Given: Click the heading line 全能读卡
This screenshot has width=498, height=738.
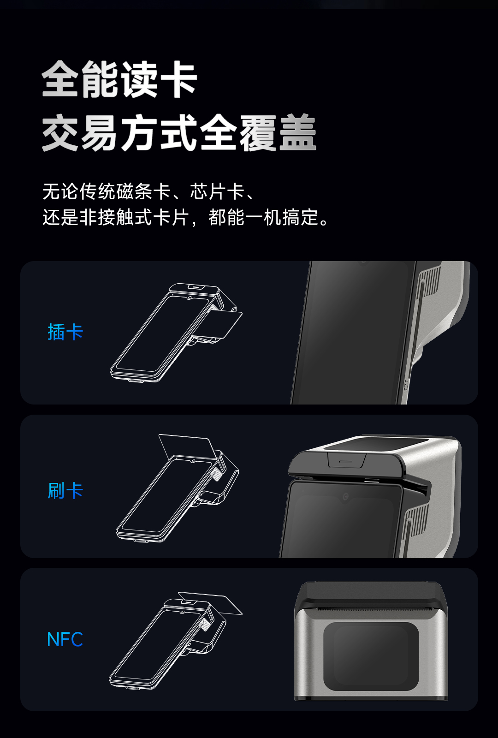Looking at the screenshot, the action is (x=119, y=79).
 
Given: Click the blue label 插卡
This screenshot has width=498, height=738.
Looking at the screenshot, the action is (x=65, y=332).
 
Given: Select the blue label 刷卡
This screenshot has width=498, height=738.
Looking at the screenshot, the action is (x=65, y=491).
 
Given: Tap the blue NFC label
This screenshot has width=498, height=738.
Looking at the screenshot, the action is (x=65, y=639).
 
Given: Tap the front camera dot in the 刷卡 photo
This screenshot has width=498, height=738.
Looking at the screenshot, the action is (x=345, y=496).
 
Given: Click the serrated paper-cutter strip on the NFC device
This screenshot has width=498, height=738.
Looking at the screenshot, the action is (x=371, y=610).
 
